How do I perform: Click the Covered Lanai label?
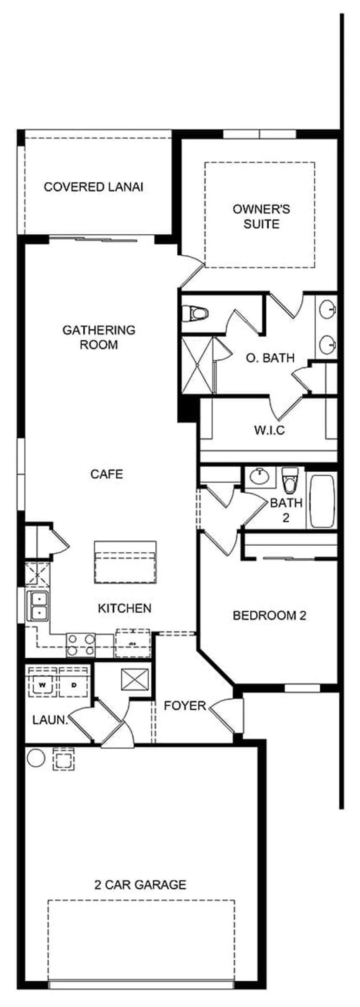click(x=93, y=187)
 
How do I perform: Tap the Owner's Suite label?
click(x=261, y=216)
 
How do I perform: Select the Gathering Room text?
click(x=99, y=337)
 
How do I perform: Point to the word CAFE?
click(x=107, y=474)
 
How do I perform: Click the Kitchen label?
click(x=124, y=608)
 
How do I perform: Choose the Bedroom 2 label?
click(x=269, y=615)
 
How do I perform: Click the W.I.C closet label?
click(x=269, y=430)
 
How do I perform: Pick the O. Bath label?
click(x=270, y=358)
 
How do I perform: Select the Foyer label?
click(x=185, y=706)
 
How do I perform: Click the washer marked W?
click(x=42, y=685)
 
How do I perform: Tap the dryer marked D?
click(x=73, y=685)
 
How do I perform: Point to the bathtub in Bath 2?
click(x=321, y=501)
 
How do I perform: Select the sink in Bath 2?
click(x=260, y=477)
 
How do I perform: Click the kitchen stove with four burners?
click(x=81, y=645)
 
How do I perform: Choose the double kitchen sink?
click(x=37, y=606)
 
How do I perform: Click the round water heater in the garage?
click(x=36, y=758)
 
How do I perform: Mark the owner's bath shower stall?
click(x=198, y=365)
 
